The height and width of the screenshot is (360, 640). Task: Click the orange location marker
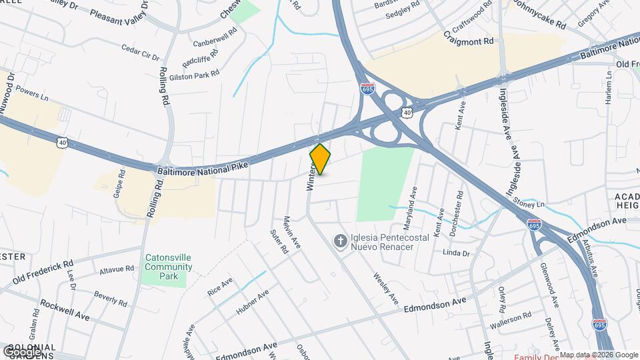pos(320,159)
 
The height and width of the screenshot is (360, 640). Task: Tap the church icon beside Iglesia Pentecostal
pos(340,241)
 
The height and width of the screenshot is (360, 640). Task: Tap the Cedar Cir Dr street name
pos(140,53)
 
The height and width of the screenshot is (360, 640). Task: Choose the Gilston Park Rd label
pos(195,75)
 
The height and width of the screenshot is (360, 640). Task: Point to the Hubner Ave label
pos(253,302)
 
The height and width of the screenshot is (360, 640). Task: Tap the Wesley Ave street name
pos(385,287)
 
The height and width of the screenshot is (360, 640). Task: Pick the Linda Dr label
pos(456,253)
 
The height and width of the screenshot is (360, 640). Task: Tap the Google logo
pos(23,351)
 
